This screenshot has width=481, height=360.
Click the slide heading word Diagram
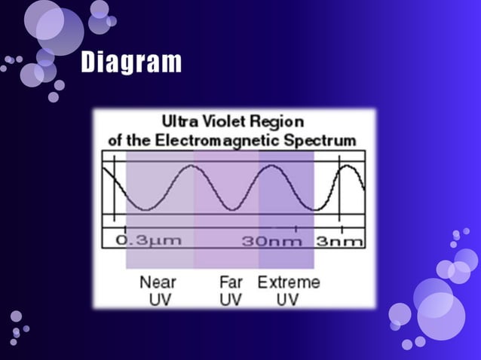coord(131,63)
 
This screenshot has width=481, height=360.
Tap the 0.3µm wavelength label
coord(149,242)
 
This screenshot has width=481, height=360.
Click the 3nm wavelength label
coord(339,242)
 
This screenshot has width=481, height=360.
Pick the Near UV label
coord(158,291)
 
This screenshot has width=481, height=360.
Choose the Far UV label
coord(231,291)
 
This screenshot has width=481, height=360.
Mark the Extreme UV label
coord(289,291)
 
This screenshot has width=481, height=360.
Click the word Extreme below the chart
coord(289,282)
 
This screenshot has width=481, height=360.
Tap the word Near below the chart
coord(158,282)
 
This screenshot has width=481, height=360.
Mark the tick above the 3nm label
coord(340,227)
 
